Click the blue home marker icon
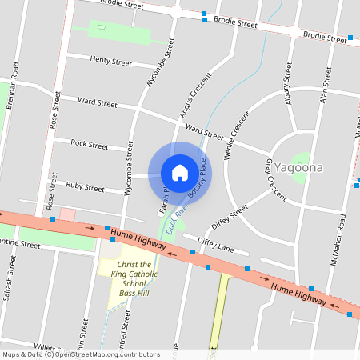point(180,172)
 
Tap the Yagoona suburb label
point(298,169)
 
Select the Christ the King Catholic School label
point(135,279)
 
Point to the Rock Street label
point(89,145)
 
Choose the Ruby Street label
point(85,188)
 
